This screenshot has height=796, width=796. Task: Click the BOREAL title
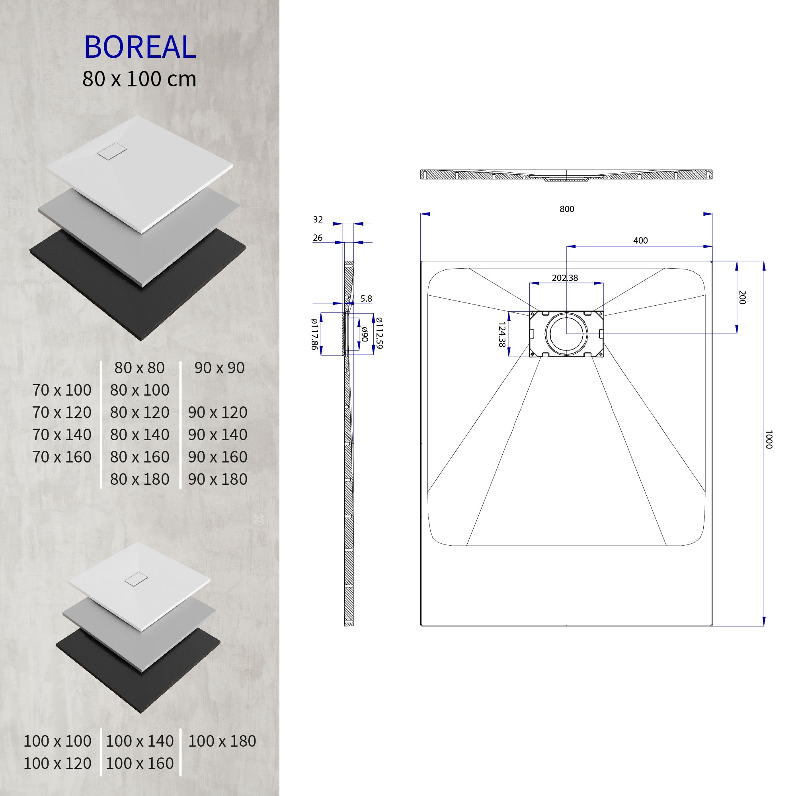tap(140, 47)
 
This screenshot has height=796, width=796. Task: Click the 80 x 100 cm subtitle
tap(139, 79)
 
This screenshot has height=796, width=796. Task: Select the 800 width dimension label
tap(566, 209)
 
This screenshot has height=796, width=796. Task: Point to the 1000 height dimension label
tap(768, 440)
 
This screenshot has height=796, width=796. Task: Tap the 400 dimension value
tap(640, 241)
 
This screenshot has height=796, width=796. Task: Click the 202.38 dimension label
tap(565, 278)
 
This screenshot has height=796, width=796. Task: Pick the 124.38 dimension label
tap(502, 335)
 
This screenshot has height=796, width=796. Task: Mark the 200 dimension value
tap(742, 297)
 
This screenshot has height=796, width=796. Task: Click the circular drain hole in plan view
tap(566, 334)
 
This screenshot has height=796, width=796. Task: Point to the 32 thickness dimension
tap(318, 220)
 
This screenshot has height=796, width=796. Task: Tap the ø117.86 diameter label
tap(314, 334)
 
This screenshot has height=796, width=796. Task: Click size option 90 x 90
tap(219, 368)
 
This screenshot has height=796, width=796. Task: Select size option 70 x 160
tap(62, 457)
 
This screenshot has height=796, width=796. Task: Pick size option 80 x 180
tap(140, 479)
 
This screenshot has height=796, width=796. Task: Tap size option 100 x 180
tap(222, 741)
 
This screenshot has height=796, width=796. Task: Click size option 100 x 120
tap(57, 763)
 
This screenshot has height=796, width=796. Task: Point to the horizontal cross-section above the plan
tap(566, 175)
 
